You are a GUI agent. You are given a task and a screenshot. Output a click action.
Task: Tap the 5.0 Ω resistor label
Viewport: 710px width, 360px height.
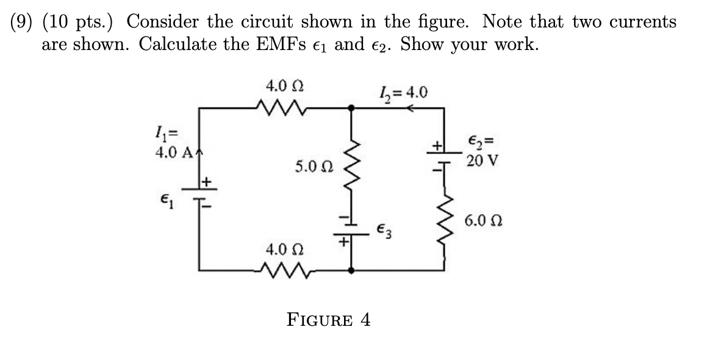pyautogui.click(x=313, y=166)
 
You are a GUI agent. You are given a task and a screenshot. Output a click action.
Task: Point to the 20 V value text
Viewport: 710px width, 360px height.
pyautogui.click(x=482, y=162)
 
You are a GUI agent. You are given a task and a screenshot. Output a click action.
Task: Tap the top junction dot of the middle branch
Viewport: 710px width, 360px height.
pyautogui.click(x=351, y=108)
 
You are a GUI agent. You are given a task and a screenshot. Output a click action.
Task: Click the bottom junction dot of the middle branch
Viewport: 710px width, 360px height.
pyautogui.click(x=351, y=268)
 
